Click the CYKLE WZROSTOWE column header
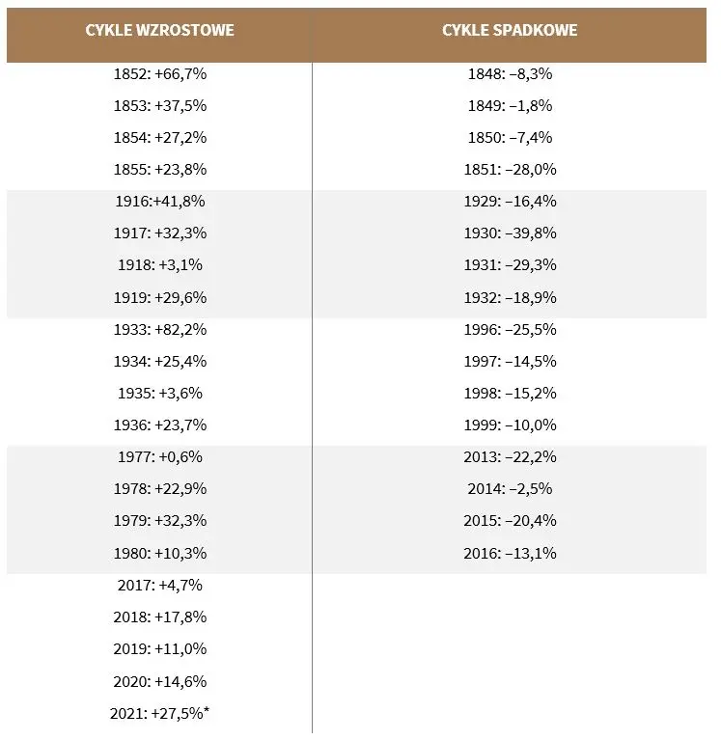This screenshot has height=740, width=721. point(159,30)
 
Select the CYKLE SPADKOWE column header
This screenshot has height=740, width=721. point(510,30)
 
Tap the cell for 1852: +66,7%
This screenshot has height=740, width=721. point(160,74)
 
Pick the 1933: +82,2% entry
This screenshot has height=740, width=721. point(160,329)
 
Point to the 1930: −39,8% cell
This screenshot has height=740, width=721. point(510,233)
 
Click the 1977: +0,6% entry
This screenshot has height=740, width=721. point(160,457)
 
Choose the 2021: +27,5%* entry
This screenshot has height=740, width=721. point(159,713)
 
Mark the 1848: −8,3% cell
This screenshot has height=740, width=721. point(510,74)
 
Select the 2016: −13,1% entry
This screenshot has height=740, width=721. point(510,553)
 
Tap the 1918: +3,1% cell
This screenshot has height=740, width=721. point(160,264)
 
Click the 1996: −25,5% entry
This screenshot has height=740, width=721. point(510,329)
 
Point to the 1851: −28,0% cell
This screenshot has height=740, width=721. point(510,170)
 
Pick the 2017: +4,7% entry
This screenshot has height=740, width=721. point(160,586)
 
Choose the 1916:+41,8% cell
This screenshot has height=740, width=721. point(160,202)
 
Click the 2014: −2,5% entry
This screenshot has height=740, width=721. point(510,488)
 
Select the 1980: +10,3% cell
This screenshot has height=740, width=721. point(160,553)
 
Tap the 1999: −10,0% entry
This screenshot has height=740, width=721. point(510,425)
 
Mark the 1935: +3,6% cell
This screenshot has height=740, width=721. point(160,393)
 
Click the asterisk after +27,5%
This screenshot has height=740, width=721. point(207,710)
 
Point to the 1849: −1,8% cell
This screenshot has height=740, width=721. point(510,106)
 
